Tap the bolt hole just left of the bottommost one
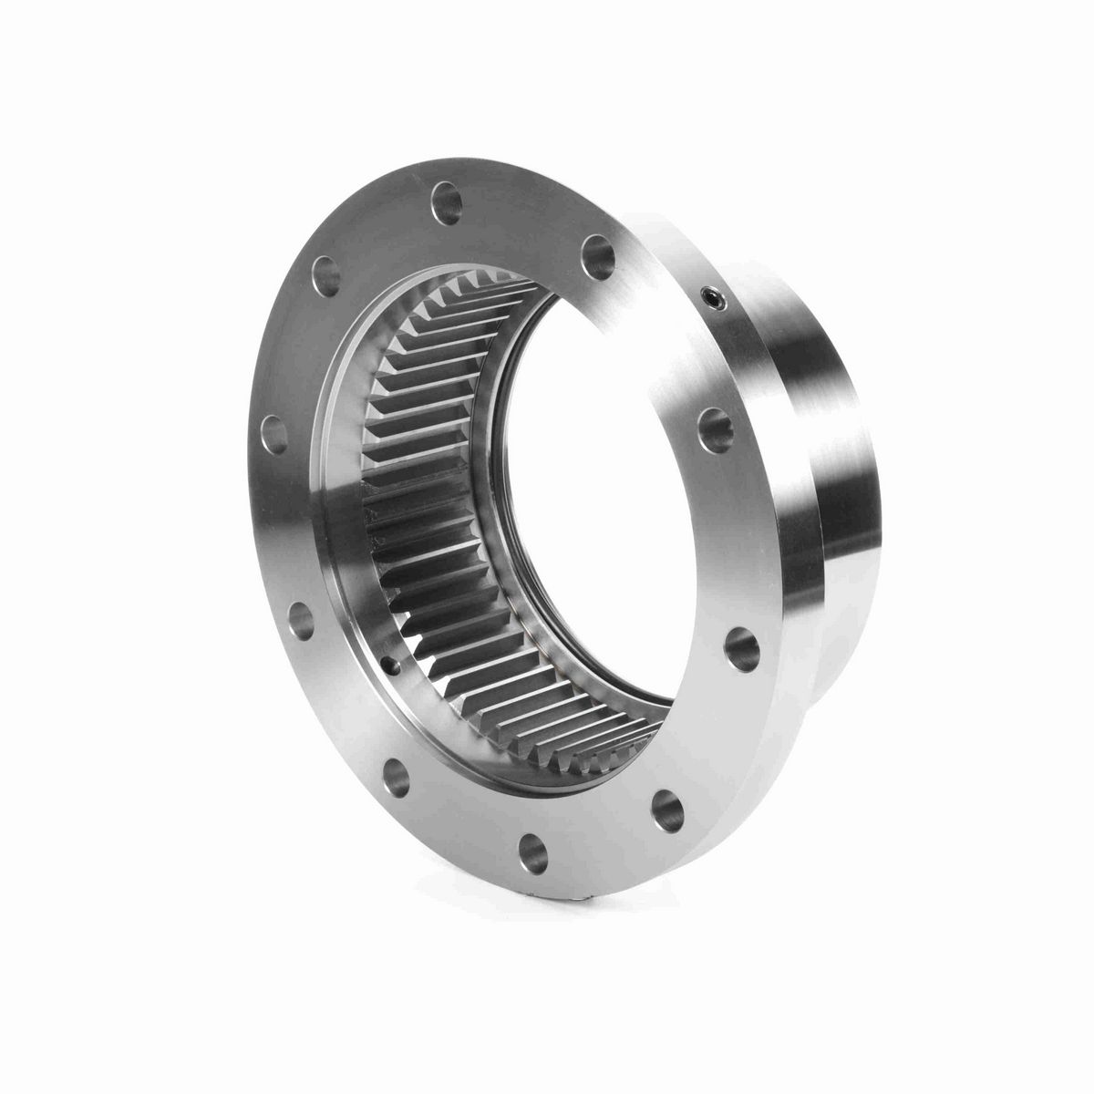click(x=397, y=774)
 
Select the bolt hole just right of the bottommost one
click(x=669, y=803)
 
